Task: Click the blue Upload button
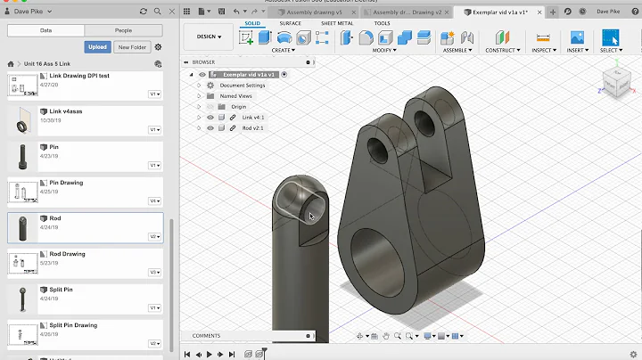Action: point(97,46)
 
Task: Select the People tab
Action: point(123,29)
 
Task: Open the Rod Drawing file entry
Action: point(68,254)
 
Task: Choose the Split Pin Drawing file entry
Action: point(73,325)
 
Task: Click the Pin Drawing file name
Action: point(66,183)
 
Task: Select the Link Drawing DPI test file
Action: point(79,76)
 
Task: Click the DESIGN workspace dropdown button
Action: point(207,37)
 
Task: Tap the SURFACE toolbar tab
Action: point(291,23)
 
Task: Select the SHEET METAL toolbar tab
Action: point(337,23)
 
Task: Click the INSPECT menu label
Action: point(542,51)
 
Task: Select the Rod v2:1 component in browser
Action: point(252,127)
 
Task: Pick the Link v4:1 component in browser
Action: point(253,117)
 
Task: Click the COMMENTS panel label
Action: point(206,336)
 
